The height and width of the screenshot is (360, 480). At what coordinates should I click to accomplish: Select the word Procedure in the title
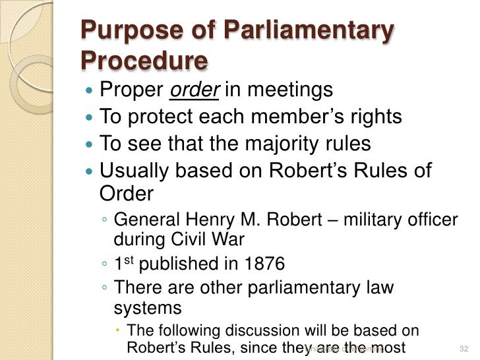(x=144, y=61)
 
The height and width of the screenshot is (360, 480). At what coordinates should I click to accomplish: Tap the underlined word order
(x=194, y=89)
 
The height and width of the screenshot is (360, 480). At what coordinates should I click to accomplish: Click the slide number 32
(x=462, y=347)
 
